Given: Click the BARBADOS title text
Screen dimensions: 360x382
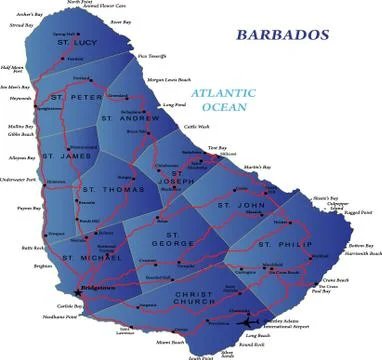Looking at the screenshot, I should (x=282, y=35).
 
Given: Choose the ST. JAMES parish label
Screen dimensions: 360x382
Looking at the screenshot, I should (x=67, y=156).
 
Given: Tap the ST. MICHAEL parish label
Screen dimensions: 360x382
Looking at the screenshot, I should (x=91, y=257).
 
